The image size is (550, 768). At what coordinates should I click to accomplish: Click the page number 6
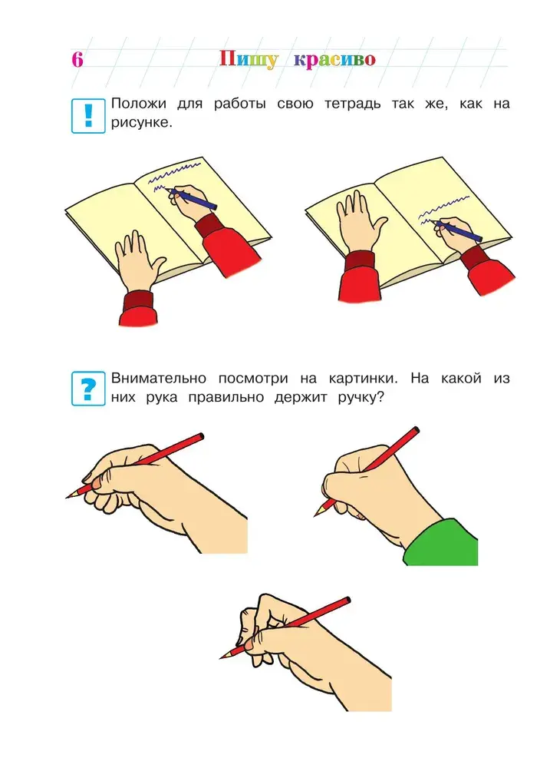(77, 59)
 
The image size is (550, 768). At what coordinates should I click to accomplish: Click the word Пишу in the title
(249, 60)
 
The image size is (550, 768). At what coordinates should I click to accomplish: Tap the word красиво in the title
(334, 60)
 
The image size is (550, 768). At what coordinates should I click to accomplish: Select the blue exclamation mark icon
(88, 116)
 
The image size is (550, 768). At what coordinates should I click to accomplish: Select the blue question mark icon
(88, 389)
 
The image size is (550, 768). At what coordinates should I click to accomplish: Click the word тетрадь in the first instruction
(352, 104)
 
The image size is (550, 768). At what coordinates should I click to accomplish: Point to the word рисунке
(141, 122)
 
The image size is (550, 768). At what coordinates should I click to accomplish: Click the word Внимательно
(159, 378)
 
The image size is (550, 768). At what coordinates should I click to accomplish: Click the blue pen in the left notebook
(192, 197)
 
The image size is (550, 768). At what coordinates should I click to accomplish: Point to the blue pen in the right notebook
(457, 230)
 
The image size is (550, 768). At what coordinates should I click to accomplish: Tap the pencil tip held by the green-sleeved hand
(315, 515)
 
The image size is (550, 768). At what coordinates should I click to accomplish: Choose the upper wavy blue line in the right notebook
(445, 206)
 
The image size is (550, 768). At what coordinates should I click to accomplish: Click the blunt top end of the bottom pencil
(347, 600)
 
